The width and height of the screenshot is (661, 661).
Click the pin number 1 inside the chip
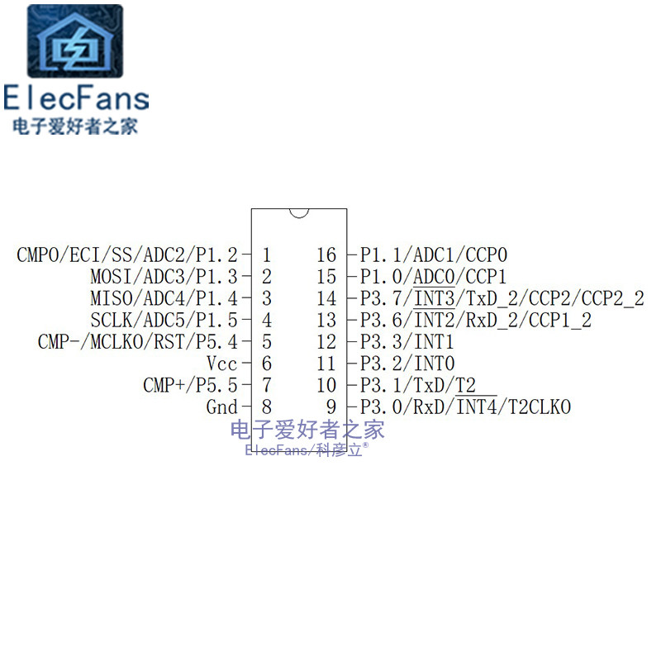tap(266, 255)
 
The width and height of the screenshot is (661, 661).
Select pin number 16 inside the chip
tap(326, 255)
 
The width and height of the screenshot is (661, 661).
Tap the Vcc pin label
tap(222, 364)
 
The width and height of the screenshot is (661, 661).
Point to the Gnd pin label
tap(221, 407)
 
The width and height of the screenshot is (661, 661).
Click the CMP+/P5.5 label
tap(190, 385)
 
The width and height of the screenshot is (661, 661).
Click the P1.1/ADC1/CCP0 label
tap(433, 255)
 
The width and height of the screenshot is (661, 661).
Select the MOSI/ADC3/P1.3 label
tap(164, 277)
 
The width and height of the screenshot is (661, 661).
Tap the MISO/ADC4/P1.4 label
tap(164, 298)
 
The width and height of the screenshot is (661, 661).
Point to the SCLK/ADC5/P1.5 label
tap(164, 321)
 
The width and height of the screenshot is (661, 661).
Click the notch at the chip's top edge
tap(299, 212)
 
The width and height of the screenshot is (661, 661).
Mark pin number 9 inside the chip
tap(331, 407)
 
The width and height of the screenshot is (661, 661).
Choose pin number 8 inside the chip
tap(266, 407)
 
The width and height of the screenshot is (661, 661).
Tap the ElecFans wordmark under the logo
tap(76, 98)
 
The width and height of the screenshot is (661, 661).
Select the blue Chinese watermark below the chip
tap(307, 430)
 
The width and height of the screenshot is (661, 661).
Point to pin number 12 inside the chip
tap(326, 342)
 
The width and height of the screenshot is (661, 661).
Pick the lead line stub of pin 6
tap(245, 364)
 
